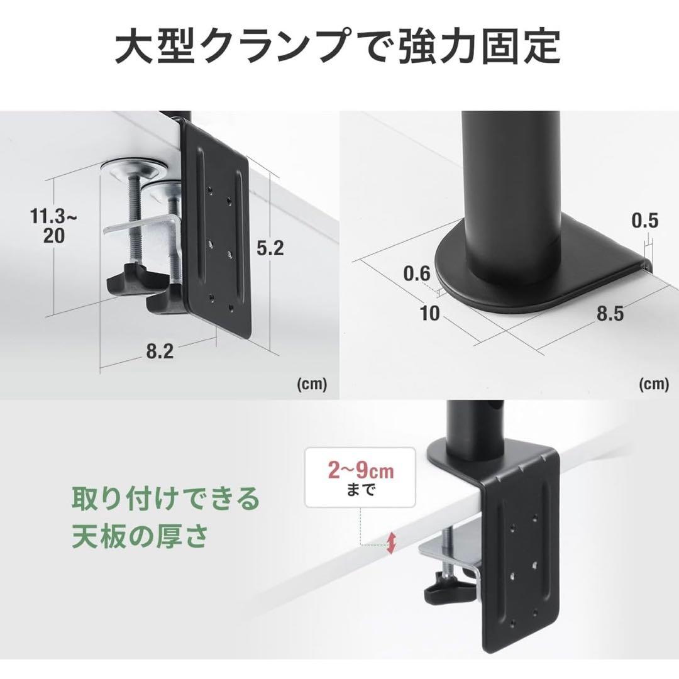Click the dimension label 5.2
coord(270,248)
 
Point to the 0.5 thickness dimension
coord(644,220)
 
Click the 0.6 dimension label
coord(417,274)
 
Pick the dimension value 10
coord(430,313)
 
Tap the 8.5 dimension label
coord(609,313)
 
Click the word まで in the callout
coord(360,490)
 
